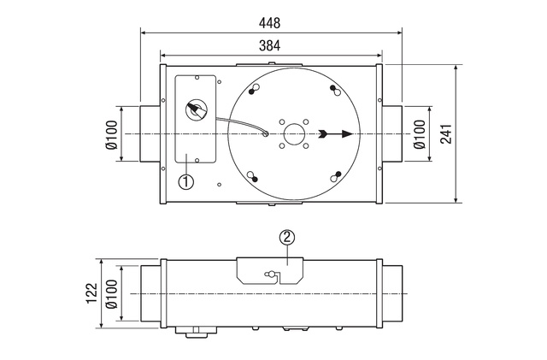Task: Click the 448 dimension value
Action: click(x=269, y=23)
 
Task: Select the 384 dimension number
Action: click(x=269, y=45)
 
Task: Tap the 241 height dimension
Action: click(x=446, y=133)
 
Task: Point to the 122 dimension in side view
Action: click(x=92, y=293)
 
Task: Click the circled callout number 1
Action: click(x=186, y=181)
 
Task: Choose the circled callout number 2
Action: click(x=287, y=238)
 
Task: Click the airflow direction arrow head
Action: click(x=348, y=133)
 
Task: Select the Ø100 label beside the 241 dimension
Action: click(x=420, y=134)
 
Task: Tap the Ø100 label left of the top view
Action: click(x=112, y=135)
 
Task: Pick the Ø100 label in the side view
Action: click(x=112, y=294)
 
